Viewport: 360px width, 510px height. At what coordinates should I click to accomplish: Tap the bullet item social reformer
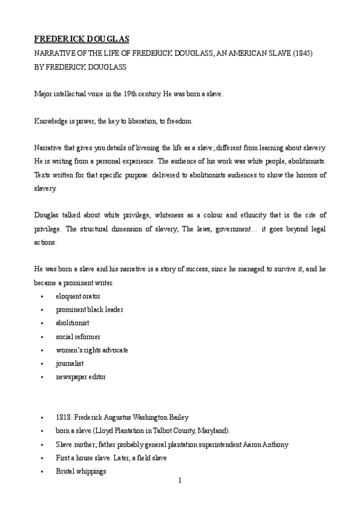point(78,336)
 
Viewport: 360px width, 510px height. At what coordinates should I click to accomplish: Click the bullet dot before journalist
point(41,363)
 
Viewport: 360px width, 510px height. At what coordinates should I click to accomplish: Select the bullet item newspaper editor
point(81,376)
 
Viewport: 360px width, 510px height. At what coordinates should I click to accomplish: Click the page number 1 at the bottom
point(180,481)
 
